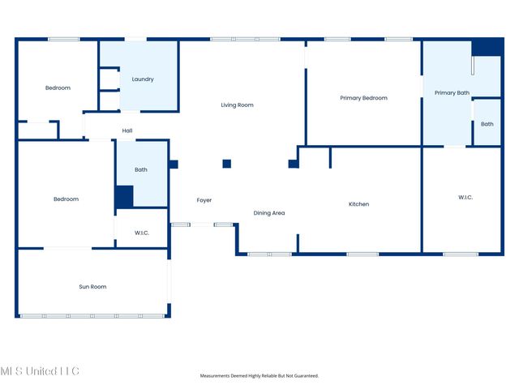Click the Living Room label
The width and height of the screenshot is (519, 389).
tap(238, 105)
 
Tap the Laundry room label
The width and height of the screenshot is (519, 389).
tap(143, 79)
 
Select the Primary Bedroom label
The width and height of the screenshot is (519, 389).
tap(363, 98)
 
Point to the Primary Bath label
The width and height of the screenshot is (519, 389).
tap(452, 93)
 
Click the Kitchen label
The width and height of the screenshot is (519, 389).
tap(358, 204)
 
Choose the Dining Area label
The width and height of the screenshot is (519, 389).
tap(269, 213)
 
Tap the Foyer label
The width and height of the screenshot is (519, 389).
tap(204, 200)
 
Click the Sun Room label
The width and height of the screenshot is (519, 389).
tap(92, 287)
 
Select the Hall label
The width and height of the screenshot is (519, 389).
tap(127, 130)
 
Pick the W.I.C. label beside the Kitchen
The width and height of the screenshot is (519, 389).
tap(465, 197)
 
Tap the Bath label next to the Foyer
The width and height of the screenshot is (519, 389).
tap(141, 170)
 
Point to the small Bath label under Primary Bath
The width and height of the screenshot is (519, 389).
tap(487, 124)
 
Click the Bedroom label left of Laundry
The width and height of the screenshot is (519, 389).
tap(58, 88)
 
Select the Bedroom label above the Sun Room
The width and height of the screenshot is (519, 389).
tap(66, 199)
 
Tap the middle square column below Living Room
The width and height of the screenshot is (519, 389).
tap(227, 164)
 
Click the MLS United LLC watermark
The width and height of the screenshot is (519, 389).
tap(40, 371)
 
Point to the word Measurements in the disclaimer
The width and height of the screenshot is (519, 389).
tap(218, 376)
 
